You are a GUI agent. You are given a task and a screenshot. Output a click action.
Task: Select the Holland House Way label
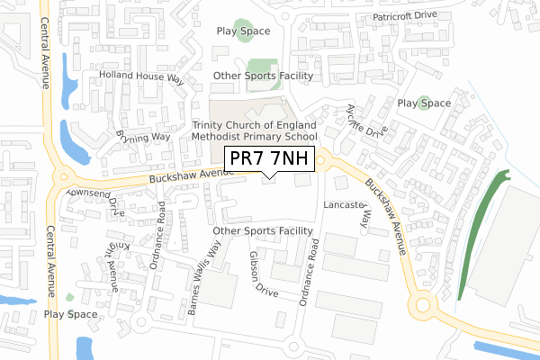[x=141, y=77]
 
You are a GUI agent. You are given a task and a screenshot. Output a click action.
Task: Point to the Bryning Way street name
[x=143, y=137]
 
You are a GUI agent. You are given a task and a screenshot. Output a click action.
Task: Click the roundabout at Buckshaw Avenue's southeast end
[x=423, y=306]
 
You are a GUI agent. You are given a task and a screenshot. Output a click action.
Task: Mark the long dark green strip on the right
[x=477, y=237]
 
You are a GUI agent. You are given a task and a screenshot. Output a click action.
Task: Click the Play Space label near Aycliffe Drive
[x=424, y=103]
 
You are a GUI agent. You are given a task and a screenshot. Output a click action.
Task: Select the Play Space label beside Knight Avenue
[x=70, y=314]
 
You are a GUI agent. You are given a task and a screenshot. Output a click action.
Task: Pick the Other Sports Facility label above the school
[x=263, y=76]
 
